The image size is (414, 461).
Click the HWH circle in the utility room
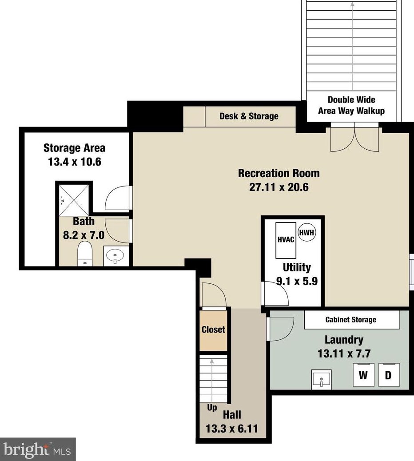(x=307, y=233)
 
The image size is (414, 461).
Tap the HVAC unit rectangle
(x=286, y=240)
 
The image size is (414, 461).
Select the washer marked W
(x=363, y=375)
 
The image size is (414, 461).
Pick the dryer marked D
(x=389, y=375)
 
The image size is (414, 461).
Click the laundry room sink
(x=321, y=380)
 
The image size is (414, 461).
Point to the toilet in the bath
(x=85, y=254)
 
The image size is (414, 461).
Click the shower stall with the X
(x=74, y=200)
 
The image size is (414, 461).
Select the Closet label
(x=213, y=329)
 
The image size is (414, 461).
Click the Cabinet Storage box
(x=352, y=320)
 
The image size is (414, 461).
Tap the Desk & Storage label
(x=249, y=116)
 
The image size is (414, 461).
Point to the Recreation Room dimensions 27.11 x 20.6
(x=279, y=187)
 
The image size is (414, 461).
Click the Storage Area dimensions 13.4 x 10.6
(x=75, y=162)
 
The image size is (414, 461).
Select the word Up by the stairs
(x=212, y=408)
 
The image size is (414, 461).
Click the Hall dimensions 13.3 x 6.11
(x=232, y=429)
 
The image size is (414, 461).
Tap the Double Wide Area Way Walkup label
(x=351, y=105)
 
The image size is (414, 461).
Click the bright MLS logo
(x=38, y=450)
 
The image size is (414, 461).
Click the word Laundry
(x=344, y=340)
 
